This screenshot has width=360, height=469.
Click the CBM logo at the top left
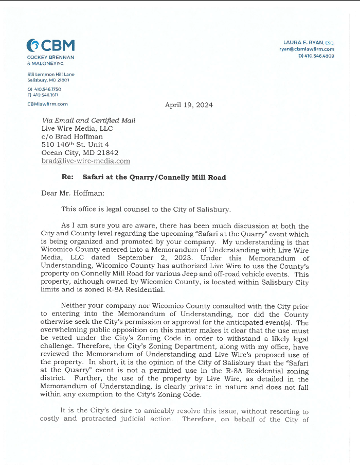pos(50,45)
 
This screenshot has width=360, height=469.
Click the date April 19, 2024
pos(189,105)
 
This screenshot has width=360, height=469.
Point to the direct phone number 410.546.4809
pos(319,56)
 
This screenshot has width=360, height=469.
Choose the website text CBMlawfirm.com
pos(47,103)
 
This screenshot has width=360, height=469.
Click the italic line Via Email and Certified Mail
pos(88,120)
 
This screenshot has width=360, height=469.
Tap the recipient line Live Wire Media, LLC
pos(77,129)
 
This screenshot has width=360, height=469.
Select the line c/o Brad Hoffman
pos(72,137)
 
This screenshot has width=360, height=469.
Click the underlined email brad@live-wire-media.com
pos(85,161)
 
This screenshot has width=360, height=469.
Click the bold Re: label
pos(67,177)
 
